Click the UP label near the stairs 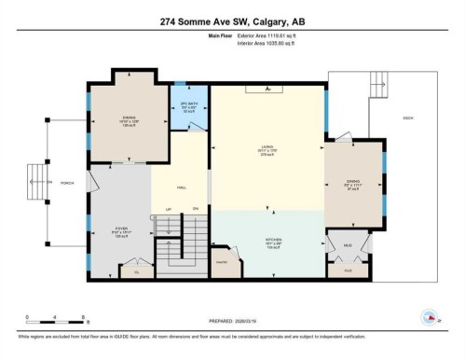pyautogui.click(x=168, y=208)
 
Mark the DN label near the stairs pyautogui.click(x=196, y=208)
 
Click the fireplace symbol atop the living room pyautogui.click(x=268, y=90)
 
